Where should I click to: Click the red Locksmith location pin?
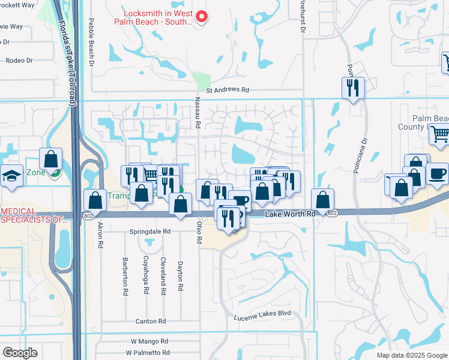tap(202, 17)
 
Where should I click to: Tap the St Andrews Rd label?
tap(227, 90)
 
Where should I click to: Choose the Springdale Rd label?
tap(150, 231)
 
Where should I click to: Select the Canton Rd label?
tap(150, 322)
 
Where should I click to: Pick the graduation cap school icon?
tap(10, 175)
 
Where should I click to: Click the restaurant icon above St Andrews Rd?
tap(352, 88)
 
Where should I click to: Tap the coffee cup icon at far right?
tap(437, 173)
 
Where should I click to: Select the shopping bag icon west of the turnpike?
tap(51, 159)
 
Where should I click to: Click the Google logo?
tap(20, 353)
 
